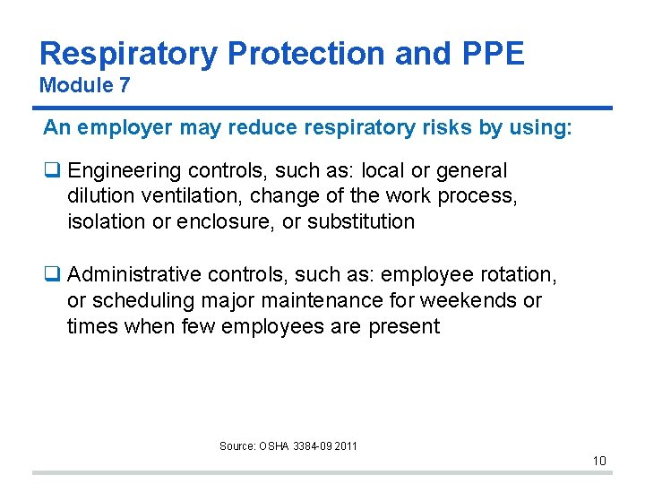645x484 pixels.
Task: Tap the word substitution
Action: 361,220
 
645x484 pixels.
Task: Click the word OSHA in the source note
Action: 276,445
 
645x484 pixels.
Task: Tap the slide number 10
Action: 599,462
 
